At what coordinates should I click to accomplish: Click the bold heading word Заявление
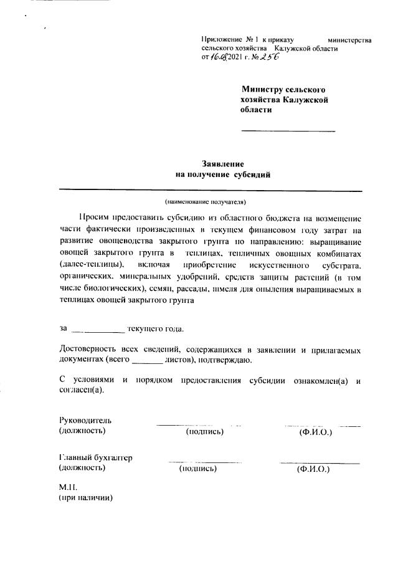click(x=223, y=163)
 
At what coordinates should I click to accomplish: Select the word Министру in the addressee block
click(x=264, y=90)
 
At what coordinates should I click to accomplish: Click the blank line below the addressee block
click(x=288, y=131)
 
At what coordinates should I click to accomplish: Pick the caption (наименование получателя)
click(x=206, y=201)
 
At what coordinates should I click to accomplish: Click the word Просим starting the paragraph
click(x=94, y=218)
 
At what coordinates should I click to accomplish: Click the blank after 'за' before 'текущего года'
click(x=98, y=330)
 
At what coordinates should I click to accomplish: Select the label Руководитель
click(x=85, y=420)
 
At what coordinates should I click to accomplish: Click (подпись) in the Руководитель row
click(x=205, y=431)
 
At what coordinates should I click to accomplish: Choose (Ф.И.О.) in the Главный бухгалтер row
click(x=313, y=469)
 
